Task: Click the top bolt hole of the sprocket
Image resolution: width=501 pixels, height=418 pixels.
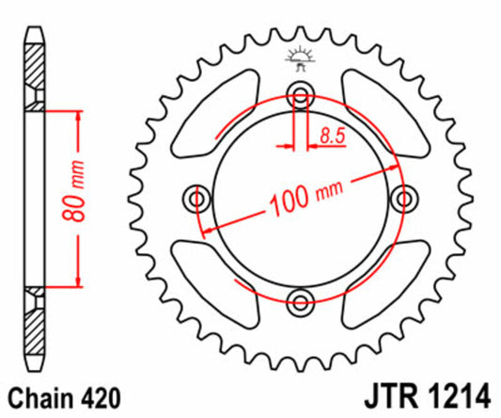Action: tap(301, 93)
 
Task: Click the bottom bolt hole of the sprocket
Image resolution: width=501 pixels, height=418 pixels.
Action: tap(301, 302)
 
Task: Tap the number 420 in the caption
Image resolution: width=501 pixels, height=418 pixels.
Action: tap(100, 394)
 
